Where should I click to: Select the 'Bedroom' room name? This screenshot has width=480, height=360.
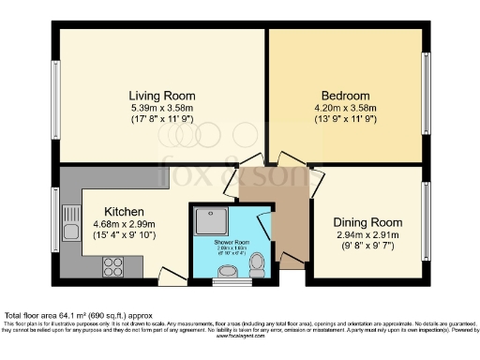point(345,95)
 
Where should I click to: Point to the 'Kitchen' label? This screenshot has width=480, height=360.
point(124,211)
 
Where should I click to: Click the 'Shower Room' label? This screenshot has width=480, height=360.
point(227,238)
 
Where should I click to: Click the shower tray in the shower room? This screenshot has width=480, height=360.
point(206,222)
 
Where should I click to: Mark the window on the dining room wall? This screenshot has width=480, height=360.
point(427,222)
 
